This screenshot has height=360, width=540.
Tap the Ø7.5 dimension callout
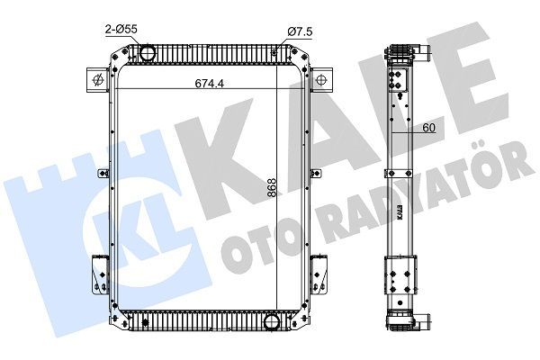coord(299,32)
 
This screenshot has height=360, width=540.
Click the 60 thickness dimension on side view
coord(429,128)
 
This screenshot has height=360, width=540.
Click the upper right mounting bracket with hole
coord(319,79)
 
